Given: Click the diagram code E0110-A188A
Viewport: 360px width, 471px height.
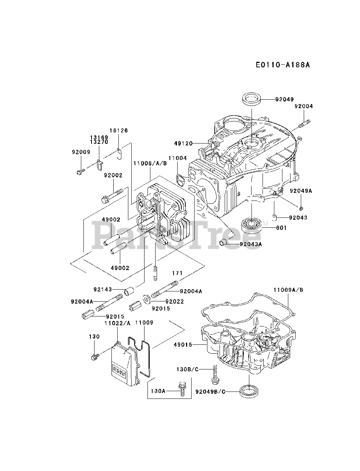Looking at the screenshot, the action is pyautogui.click(x=283, y=65).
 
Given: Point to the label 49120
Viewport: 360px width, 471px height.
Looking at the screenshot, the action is pyautogui.click(x=183, y=144).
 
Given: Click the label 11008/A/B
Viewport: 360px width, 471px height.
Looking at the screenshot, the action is pyautogui.click(x=150, y=163).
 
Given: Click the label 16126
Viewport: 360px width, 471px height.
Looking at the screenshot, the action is pyautogui.click(x=118, y=131).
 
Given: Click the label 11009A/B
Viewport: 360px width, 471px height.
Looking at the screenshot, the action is pyautogui.click(x=288, y=290).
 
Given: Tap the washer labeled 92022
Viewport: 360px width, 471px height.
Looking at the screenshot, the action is pyautogui.click(x=147, y=299).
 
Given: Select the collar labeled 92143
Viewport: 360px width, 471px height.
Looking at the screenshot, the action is pyautogui.click(x=129, y=292).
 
